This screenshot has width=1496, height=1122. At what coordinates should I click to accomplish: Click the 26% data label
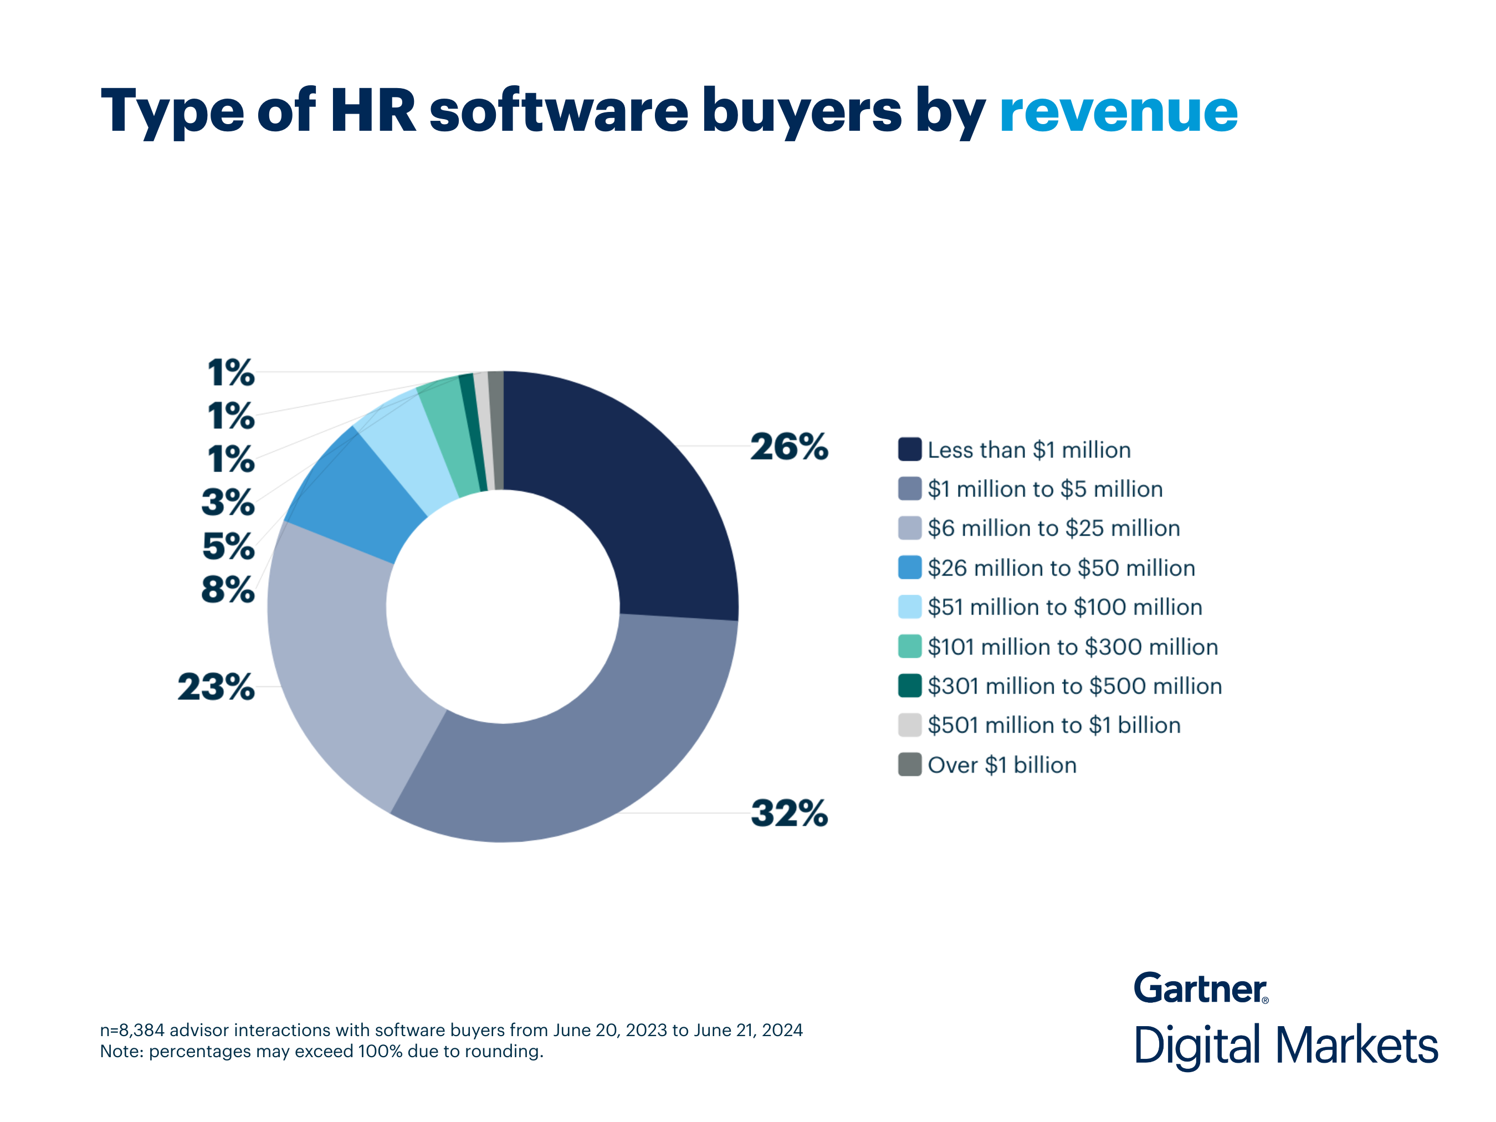(x=788, y=447)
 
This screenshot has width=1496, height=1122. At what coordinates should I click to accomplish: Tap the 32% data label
(x=788, y=813)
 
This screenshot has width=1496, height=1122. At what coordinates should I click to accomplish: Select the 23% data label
(x=216, y=687)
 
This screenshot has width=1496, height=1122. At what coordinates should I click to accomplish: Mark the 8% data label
(x=228, y=590)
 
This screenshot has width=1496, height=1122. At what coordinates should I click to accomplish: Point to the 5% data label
(x=228, y=546)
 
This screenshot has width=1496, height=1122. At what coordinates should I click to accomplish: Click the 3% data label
(x=228, y=503)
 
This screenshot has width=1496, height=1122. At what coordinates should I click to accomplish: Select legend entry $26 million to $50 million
(x=1060, y=568)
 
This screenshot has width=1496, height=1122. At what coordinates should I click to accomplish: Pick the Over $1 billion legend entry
(x=1001, y=765)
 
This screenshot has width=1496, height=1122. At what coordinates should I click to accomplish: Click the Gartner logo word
(x=1200, y=989)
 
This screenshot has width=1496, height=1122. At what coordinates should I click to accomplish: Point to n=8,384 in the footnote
(x=132, y=1030)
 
